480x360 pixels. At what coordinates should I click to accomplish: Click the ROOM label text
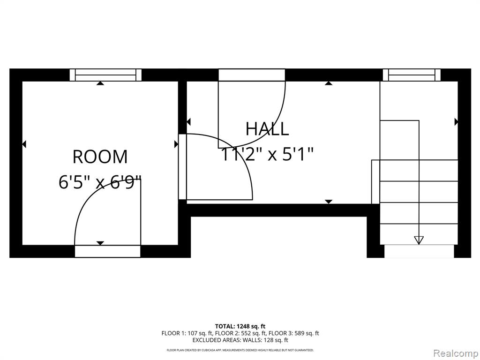coord(100,157)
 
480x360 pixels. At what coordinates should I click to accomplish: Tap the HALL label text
coord(267,128)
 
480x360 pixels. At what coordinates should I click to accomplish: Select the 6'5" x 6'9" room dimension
coord(100,182)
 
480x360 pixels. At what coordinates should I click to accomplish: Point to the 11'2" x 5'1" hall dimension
coord(267,154)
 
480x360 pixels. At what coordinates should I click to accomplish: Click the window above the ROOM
coord(105,75)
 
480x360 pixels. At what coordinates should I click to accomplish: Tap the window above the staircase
coord(412,75)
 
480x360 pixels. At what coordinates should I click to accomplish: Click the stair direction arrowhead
coord(419,240)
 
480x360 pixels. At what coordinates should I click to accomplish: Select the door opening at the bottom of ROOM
coord(107,251)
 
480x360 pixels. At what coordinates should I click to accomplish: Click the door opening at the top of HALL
coord(252,75)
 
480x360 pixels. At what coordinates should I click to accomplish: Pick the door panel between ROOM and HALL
coord(182,167)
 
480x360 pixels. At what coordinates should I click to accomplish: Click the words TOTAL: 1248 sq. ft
coord(238,326)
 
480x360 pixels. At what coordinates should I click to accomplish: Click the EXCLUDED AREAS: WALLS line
coord(240,340)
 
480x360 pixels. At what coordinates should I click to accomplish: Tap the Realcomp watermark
coord(456,353)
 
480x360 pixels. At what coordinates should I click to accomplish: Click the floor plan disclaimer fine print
coord(240,350)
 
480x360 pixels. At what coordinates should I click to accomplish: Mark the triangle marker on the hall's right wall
coord(456,122)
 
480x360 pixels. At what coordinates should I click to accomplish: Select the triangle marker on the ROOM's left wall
coord(24,144)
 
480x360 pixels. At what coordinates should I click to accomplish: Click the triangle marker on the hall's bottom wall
coord(329,202)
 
